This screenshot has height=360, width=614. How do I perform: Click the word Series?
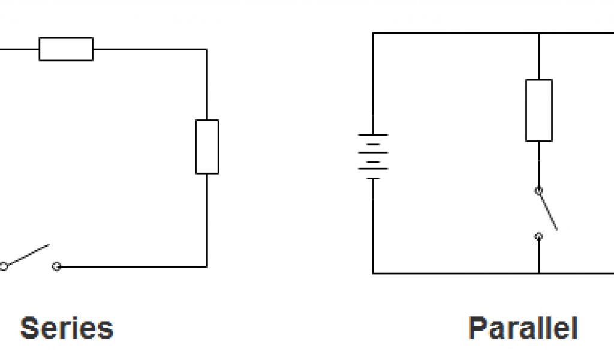(x=67, y=328)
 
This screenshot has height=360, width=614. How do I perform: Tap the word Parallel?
(x=522, y=328)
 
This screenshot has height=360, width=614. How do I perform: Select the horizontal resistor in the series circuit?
(x=66, y=49)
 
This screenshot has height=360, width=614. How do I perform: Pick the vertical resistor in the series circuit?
(x=207, y=147)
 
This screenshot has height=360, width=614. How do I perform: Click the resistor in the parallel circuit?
(x=539, y=110)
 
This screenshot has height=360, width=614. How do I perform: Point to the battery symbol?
(x=373, y=156)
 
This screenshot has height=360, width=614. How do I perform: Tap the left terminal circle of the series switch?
(x=4, y=266)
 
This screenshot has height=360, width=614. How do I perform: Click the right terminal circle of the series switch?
(x=56, y=266)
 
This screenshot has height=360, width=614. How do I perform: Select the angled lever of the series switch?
(x=28, y=254)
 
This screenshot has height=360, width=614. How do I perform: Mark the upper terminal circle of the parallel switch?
(x=539, y=191)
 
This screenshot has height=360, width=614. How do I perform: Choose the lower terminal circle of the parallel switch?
(x=539, y=236)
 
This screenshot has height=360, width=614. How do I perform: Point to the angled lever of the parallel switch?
(x=548, y=210)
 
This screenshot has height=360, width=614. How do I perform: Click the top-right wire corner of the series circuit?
(x=207, y=49)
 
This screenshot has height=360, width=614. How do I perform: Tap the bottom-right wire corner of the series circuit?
(x=207, y=266)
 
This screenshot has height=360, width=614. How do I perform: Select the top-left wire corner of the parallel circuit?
(x=373, y=33)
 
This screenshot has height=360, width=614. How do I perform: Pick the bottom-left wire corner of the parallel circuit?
(x=373, y=274)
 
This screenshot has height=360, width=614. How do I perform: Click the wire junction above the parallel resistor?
(x=539, y=33)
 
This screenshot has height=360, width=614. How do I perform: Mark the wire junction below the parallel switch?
(x=539, y=274)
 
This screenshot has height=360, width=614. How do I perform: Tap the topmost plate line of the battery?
(x=373, y=134)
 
